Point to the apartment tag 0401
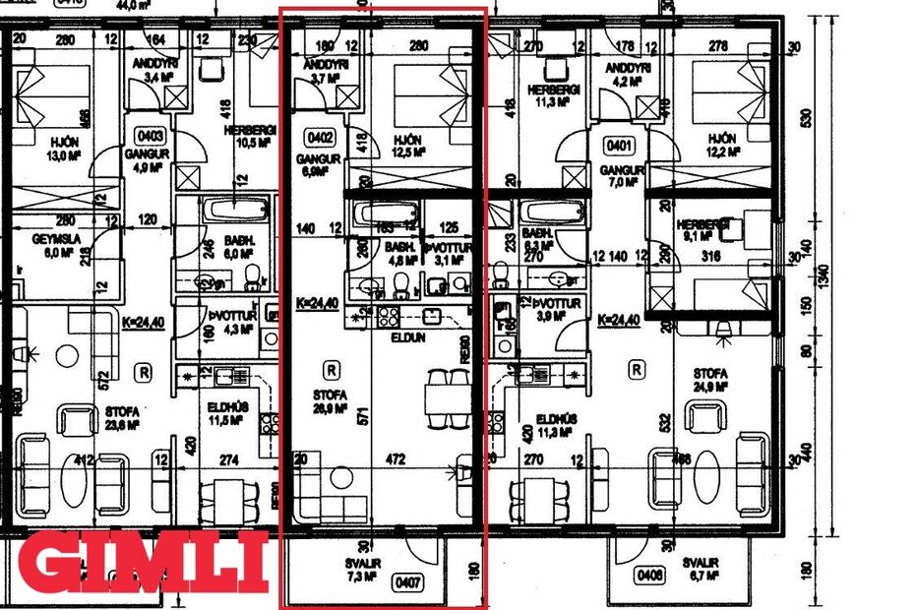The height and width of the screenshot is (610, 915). point(621,146)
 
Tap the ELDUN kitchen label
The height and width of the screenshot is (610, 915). point(403,335)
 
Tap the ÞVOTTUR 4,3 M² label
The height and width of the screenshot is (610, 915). point(229,322)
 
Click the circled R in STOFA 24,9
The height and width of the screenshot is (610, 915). point(637,370)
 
